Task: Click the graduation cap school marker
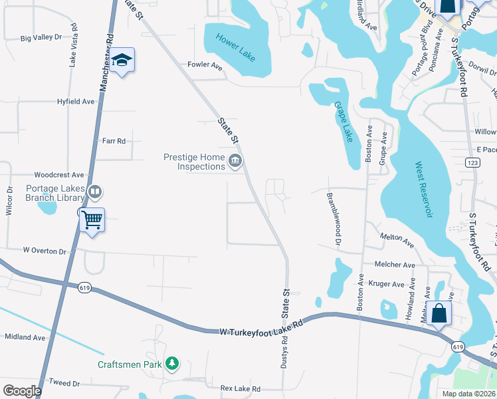click(122, 61)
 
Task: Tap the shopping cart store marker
click(92, 219)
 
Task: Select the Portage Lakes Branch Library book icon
click(95, 193)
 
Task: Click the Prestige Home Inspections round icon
click(235, 161)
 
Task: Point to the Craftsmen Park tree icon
click(173, 363)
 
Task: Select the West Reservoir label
click(424, 189)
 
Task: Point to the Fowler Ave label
click(205, 65)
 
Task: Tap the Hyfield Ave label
click(76, 102)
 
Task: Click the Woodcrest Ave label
click(60, 175)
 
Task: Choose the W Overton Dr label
click(45, 251)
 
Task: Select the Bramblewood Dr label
click(333, 219)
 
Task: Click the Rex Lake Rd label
click(241, 388)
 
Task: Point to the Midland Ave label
click(25, 338)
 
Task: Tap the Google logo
click(22, 391)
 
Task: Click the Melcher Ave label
click(395, 265)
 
